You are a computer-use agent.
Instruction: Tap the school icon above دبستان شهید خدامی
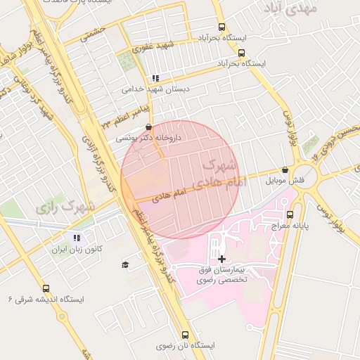(x=155, y=78)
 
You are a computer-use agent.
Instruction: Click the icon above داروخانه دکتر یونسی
(x=148, y=127)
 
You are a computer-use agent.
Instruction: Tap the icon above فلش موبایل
(x=285, y=169)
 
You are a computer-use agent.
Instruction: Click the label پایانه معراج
(x=290, y=226)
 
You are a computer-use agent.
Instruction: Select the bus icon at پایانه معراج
(x=290, y=214)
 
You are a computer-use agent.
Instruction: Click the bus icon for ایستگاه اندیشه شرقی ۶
(x=46, y=288)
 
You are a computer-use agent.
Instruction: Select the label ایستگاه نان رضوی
(x=185, y=346)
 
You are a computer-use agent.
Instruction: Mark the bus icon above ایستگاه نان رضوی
(x=185, y=335)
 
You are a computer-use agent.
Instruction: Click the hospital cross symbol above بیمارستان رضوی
(x=222, y=259)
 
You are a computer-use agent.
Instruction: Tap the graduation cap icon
(x=125, y=264)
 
